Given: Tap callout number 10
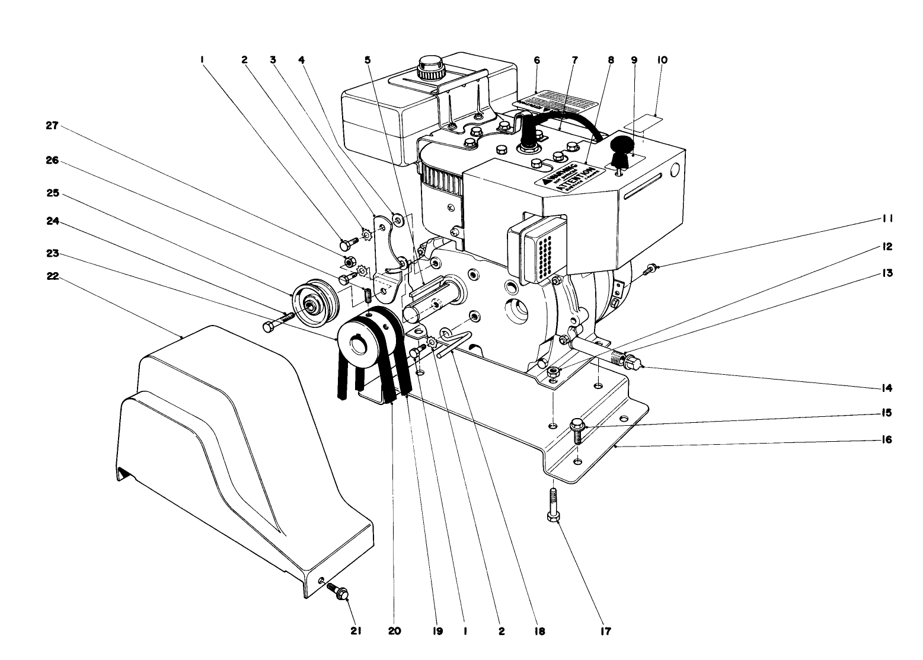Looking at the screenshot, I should click(x=662, y=60).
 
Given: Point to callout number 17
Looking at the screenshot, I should click(x=605, y=631).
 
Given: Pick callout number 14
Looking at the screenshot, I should click(x=887, y=388).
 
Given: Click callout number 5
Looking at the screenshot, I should click(x=368, y=60).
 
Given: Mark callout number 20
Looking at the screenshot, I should click(x=394, y=631).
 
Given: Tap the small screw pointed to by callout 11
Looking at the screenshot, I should click(x=649, y=270).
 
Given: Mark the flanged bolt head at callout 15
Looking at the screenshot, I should click(x=576, y=425).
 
